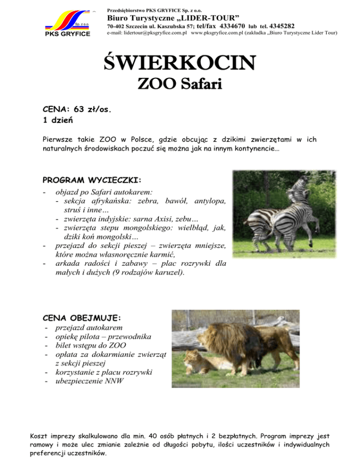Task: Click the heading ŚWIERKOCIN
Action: point(180,63)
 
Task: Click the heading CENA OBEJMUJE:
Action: point(82,318)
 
